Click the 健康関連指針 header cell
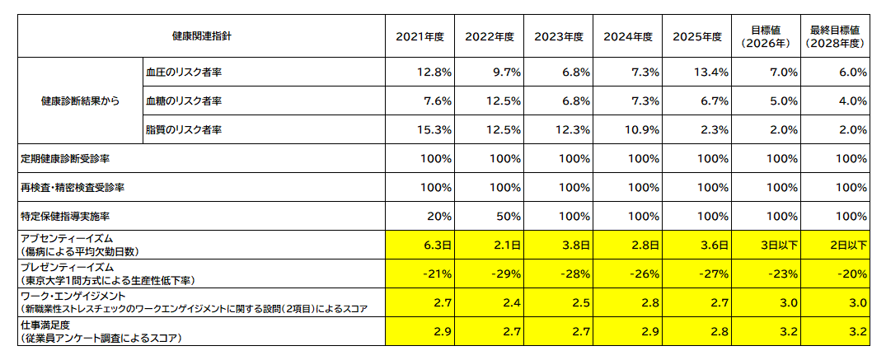pyautogui.click(x=202, y=36)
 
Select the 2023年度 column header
pyautogui.click(x=559, y=36)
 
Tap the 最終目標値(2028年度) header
pyautogui.click(x=836, y=36)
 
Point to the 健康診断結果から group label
pyautogui.click(x=80, y=101)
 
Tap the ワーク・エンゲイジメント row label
pyautogui.click(x=74, y=297)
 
